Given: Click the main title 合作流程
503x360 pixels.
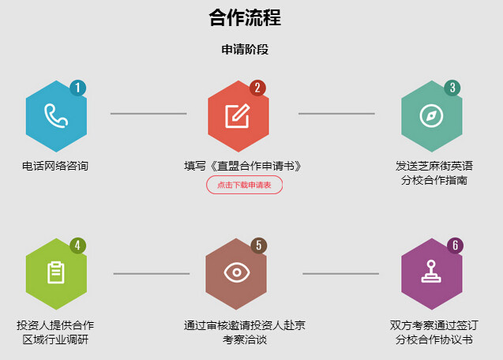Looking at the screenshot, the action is pyautogui.click(x=245, y=17).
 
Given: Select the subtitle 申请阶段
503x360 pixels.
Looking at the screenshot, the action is pyautogui.click(x=245, y=50).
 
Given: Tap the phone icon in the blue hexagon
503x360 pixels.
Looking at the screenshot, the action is pyautogui.click(x=56, y=115).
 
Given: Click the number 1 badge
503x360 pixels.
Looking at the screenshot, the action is pyautogui.click(x=77, y=88).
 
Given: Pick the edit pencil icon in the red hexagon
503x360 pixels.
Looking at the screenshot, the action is pyautogui.click(x=238, y=116).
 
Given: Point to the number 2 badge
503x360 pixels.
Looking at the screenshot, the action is pyautogui.click(x=257, y=88).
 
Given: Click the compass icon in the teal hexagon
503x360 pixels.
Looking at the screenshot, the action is pyautogui.click(x=431, y=116).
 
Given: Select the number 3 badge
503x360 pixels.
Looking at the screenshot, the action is pyautogui.click(x=452, y=88).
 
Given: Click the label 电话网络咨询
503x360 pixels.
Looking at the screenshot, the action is pyautogui.click(x=55, y=166).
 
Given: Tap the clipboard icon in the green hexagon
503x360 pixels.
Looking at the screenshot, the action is pyautogui.click(x=56, y=272).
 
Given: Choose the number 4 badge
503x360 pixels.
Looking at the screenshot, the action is pyautogui.click(x=77, y=246).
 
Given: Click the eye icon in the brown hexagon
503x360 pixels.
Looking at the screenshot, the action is pyautogui.click(x=237, y=272).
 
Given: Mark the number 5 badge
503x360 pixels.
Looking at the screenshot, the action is pyautogui.click(x=259, y=246).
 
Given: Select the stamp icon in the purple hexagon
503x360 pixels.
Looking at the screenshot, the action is pyautogui.click(x=431, y=272).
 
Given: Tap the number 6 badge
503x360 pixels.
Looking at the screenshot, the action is pyautogui.click(x=455, y=246).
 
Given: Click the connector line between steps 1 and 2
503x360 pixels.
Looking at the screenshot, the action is pyautogui.click(x=148, y=114).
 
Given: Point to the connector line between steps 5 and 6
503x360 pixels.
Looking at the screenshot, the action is pyautogui.click(x=340, y=274).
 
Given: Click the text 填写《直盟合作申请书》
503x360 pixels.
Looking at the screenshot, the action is pyautogui.click(x=243, y=166).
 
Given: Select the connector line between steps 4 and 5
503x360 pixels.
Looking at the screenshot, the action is pyautogui.click(x=152, y=274).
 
